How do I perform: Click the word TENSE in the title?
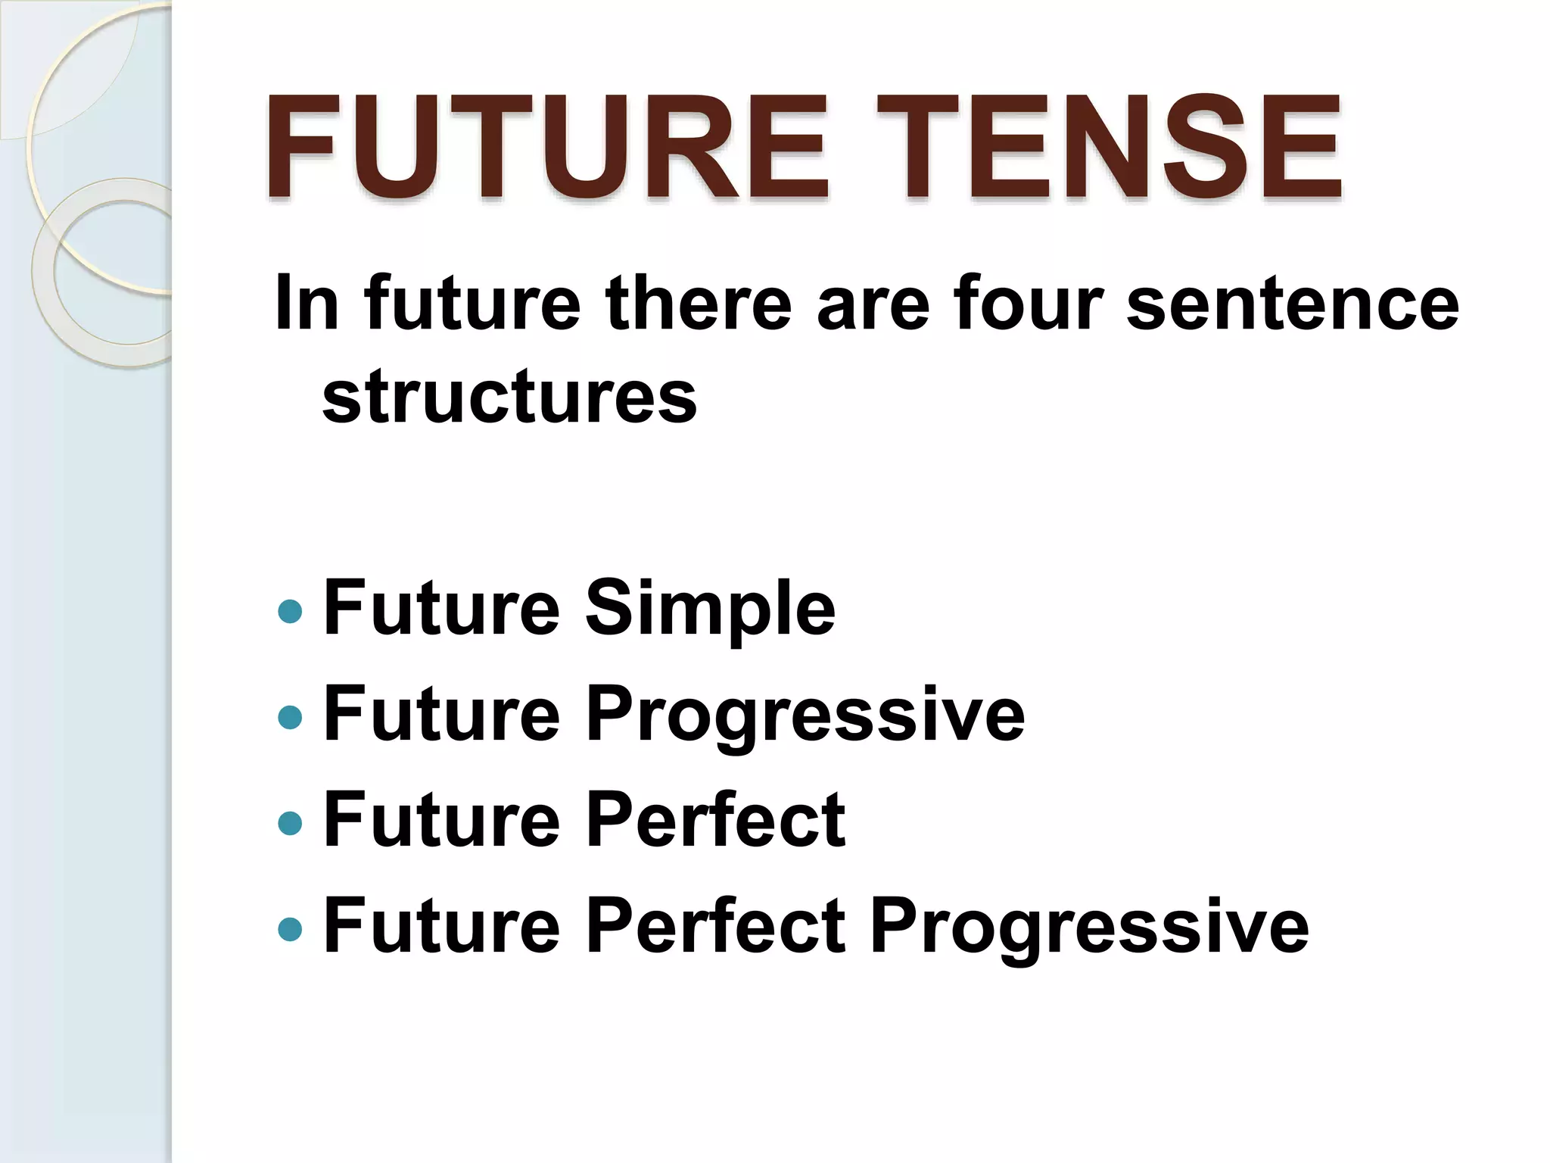point(1109,147)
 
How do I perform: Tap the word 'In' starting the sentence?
point(306,303)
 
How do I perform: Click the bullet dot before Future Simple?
point(290,611)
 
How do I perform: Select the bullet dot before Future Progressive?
point(290,717)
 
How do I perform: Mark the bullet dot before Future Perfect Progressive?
point(290,928)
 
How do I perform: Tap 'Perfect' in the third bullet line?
point(715,820)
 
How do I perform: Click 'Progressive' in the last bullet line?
point(1089,927)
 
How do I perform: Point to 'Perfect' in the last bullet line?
point(715,925)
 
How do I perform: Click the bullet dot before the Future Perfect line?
point(290,822)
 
